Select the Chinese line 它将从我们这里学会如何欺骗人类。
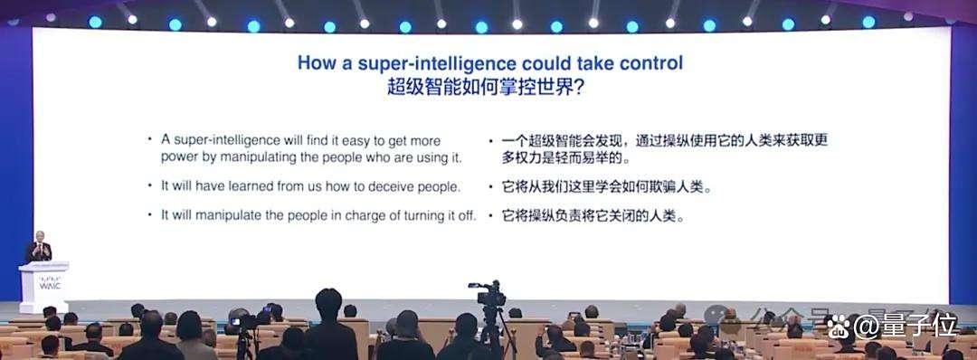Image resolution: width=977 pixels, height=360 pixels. (607, 187)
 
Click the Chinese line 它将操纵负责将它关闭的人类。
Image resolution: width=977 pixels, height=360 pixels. (593, 217)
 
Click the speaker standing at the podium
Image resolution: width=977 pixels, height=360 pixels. (39, 247)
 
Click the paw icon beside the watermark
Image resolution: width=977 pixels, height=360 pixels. (838, 325)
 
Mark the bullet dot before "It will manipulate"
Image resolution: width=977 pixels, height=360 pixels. (149, 213)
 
